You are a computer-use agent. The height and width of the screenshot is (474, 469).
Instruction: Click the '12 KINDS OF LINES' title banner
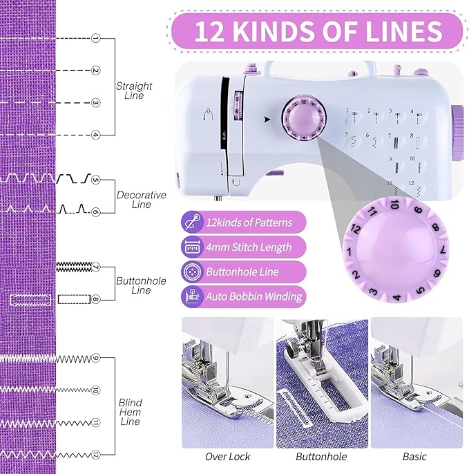pos(318,32)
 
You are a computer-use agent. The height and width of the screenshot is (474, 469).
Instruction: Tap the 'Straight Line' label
pos(133,91)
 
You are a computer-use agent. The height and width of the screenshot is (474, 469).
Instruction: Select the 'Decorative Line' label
pos(141,200)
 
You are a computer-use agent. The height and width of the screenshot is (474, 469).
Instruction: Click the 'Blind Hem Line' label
pos(130,413)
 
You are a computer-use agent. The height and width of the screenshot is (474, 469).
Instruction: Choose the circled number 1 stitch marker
pos(96,38)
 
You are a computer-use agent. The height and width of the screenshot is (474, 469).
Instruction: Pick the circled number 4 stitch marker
pos(96,135)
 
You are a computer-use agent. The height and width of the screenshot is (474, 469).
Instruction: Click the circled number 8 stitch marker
pos(96,299)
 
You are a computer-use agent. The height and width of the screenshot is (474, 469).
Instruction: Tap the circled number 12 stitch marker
pos(96,454)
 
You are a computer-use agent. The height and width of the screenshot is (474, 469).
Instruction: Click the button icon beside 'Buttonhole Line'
pos(191,272)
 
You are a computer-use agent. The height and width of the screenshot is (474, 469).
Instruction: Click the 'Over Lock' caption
pos(227,457)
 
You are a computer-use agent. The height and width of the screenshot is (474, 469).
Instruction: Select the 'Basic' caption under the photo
pos(414,457)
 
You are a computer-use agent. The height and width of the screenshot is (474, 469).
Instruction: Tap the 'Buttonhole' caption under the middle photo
pos(320,457)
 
